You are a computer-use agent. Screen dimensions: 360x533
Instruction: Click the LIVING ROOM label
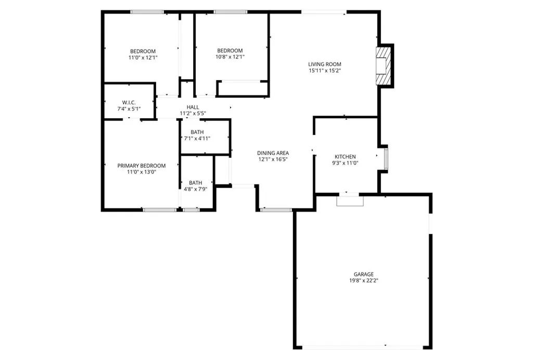coord(324,64)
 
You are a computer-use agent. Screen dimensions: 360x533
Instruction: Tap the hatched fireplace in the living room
coord(384,65)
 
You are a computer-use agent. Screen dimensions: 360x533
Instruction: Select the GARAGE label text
coord(364,274)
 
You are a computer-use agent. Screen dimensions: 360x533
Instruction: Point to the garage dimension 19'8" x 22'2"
coord(364,280)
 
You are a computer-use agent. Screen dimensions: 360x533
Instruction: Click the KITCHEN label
coord(345,156)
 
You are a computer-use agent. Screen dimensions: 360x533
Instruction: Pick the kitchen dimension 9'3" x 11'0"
coord(345,163)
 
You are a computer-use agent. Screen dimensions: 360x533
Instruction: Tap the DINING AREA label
coord(273,153)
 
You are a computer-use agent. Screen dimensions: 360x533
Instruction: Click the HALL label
coord(193,107)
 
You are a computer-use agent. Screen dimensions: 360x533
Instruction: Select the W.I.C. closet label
coord(129,102)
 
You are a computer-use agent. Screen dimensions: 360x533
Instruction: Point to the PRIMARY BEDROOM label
coord(142,166)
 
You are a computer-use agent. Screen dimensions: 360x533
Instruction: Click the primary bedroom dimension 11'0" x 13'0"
coord(142,172)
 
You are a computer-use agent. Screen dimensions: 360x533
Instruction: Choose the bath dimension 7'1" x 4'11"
coord(197,139)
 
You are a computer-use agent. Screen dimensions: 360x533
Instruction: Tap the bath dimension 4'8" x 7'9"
coord(196,189)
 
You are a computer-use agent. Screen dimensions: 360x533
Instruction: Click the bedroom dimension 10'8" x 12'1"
coord(230,57)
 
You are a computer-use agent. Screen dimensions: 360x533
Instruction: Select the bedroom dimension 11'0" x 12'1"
coord(143,58)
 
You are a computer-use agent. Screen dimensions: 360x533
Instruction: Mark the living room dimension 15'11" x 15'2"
coord(324,71)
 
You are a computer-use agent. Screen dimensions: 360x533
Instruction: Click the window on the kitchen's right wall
coord(386,159)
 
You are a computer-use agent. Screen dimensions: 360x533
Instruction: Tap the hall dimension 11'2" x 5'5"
coord(193,113)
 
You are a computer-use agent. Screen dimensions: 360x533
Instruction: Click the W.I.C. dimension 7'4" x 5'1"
coord(129,109)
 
